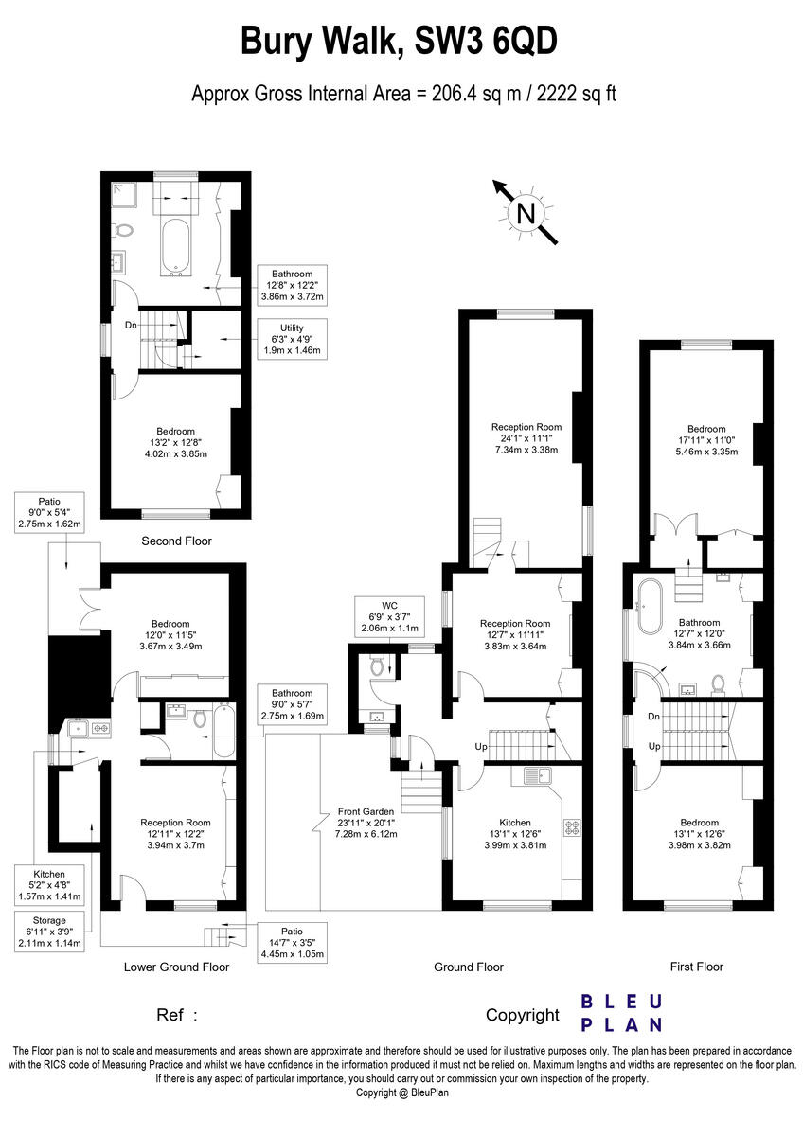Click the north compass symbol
tap(524, 214)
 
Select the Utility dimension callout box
tap(292, 338)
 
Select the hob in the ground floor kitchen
tap(572, 826)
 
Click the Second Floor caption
tap(176, 541)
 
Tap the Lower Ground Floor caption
tap(176, 967)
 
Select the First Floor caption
tap(696, 967)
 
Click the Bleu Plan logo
tap(620, 1013)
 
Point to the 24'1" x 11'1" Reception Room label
tap(526, 438)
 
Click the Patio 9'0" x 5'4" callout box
tap(49, 511)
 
